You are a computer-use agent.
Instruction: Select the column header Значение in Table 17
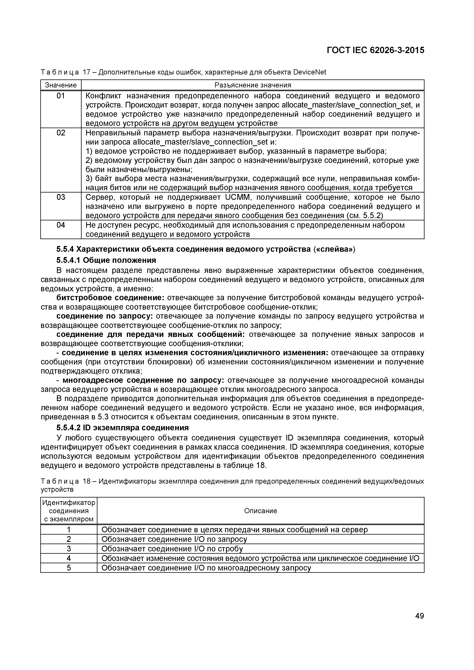[x=61, y=85]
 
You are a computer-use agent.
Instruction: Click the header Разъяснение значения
[x=253, y=85]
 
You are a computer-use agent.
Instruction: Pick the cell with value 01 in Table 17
[x=61, y=96]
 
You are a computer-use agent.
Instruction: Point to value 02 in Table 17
[x=61, y=133]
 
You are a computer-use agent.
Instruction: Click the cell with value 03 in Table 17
[x=61, y=197]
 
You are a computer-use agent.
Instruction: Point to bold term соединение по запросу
[x=105, y=316]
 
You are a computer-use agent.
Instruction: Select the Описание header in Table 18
[x=260, y=511]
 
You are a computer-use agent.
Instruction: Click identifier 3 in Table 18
[x=69, y=549]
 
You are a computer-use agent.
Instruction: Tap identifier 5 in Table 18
[x=69, y=568]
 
